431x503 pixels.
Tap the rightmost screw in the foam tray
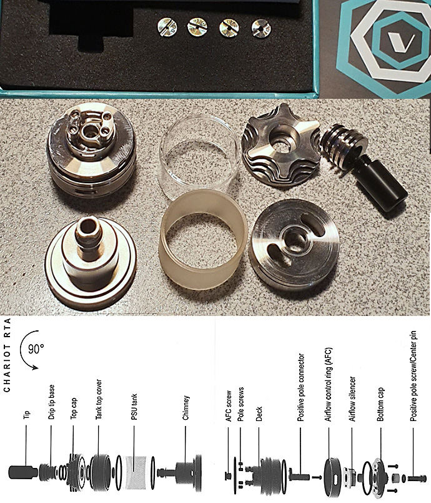tap(261, 28)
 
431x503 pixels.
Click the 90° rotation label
tap(36, 348)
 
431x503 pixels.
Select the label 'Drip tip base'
tap(51, 402)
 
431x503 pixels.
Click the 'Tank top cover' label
tap(99, 399)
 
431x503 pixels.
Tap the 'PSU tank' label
tap(134, 407)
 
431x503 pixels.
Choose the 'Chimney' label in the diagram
tap(186, 408)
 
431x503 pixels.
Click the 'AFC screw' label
tap(229, 406)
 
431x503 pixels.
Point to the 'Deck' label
tap(259, 414)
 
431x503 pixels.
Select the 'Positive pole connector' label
tap(300, 387)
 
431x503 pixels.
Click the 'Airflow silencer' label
tap(352, 399)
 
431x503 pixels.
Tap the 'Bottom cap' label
tap(380, 405)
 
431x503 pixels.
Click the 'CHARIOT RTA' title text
tap(7, 355)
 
